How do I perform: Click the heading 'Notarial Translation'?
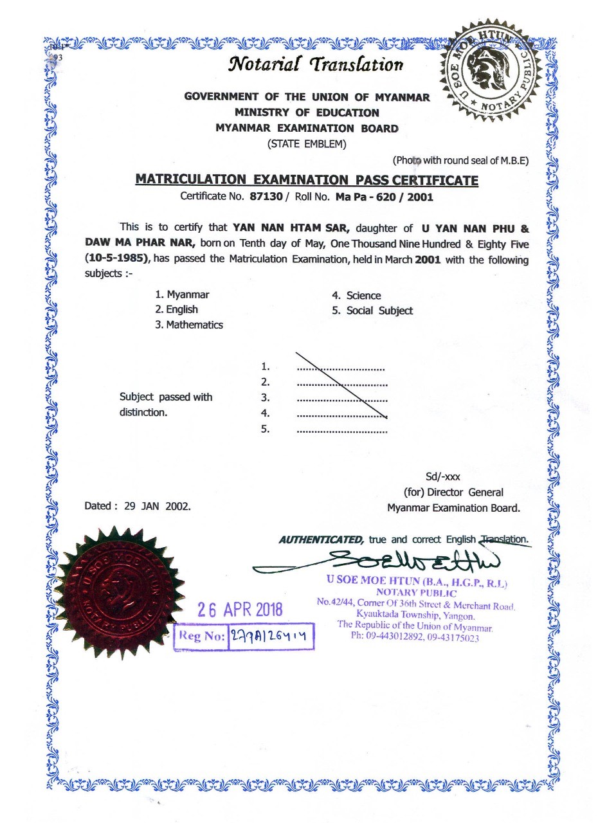pos(316,64)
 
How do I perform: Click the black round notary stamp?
pos(491,69)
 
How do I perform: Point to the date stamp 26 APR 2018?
pos(240,610)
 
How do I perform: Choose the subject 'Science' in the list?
pos(363,296)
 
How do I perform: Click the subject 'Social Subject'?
pos(379,311)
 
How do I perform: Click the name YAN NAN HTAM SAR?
pos(290,228)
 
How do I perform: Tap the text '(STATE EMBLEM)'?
pos(307,144)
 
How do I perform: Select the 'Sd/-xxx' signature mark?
pos(443,477)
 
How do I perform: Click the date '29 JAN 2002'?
pos(158,506)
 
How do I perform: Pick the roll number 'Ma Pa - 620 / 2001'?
pos(384,197)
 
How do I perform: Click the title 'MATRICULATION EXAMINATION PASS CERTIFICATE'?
pos(306,180)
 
